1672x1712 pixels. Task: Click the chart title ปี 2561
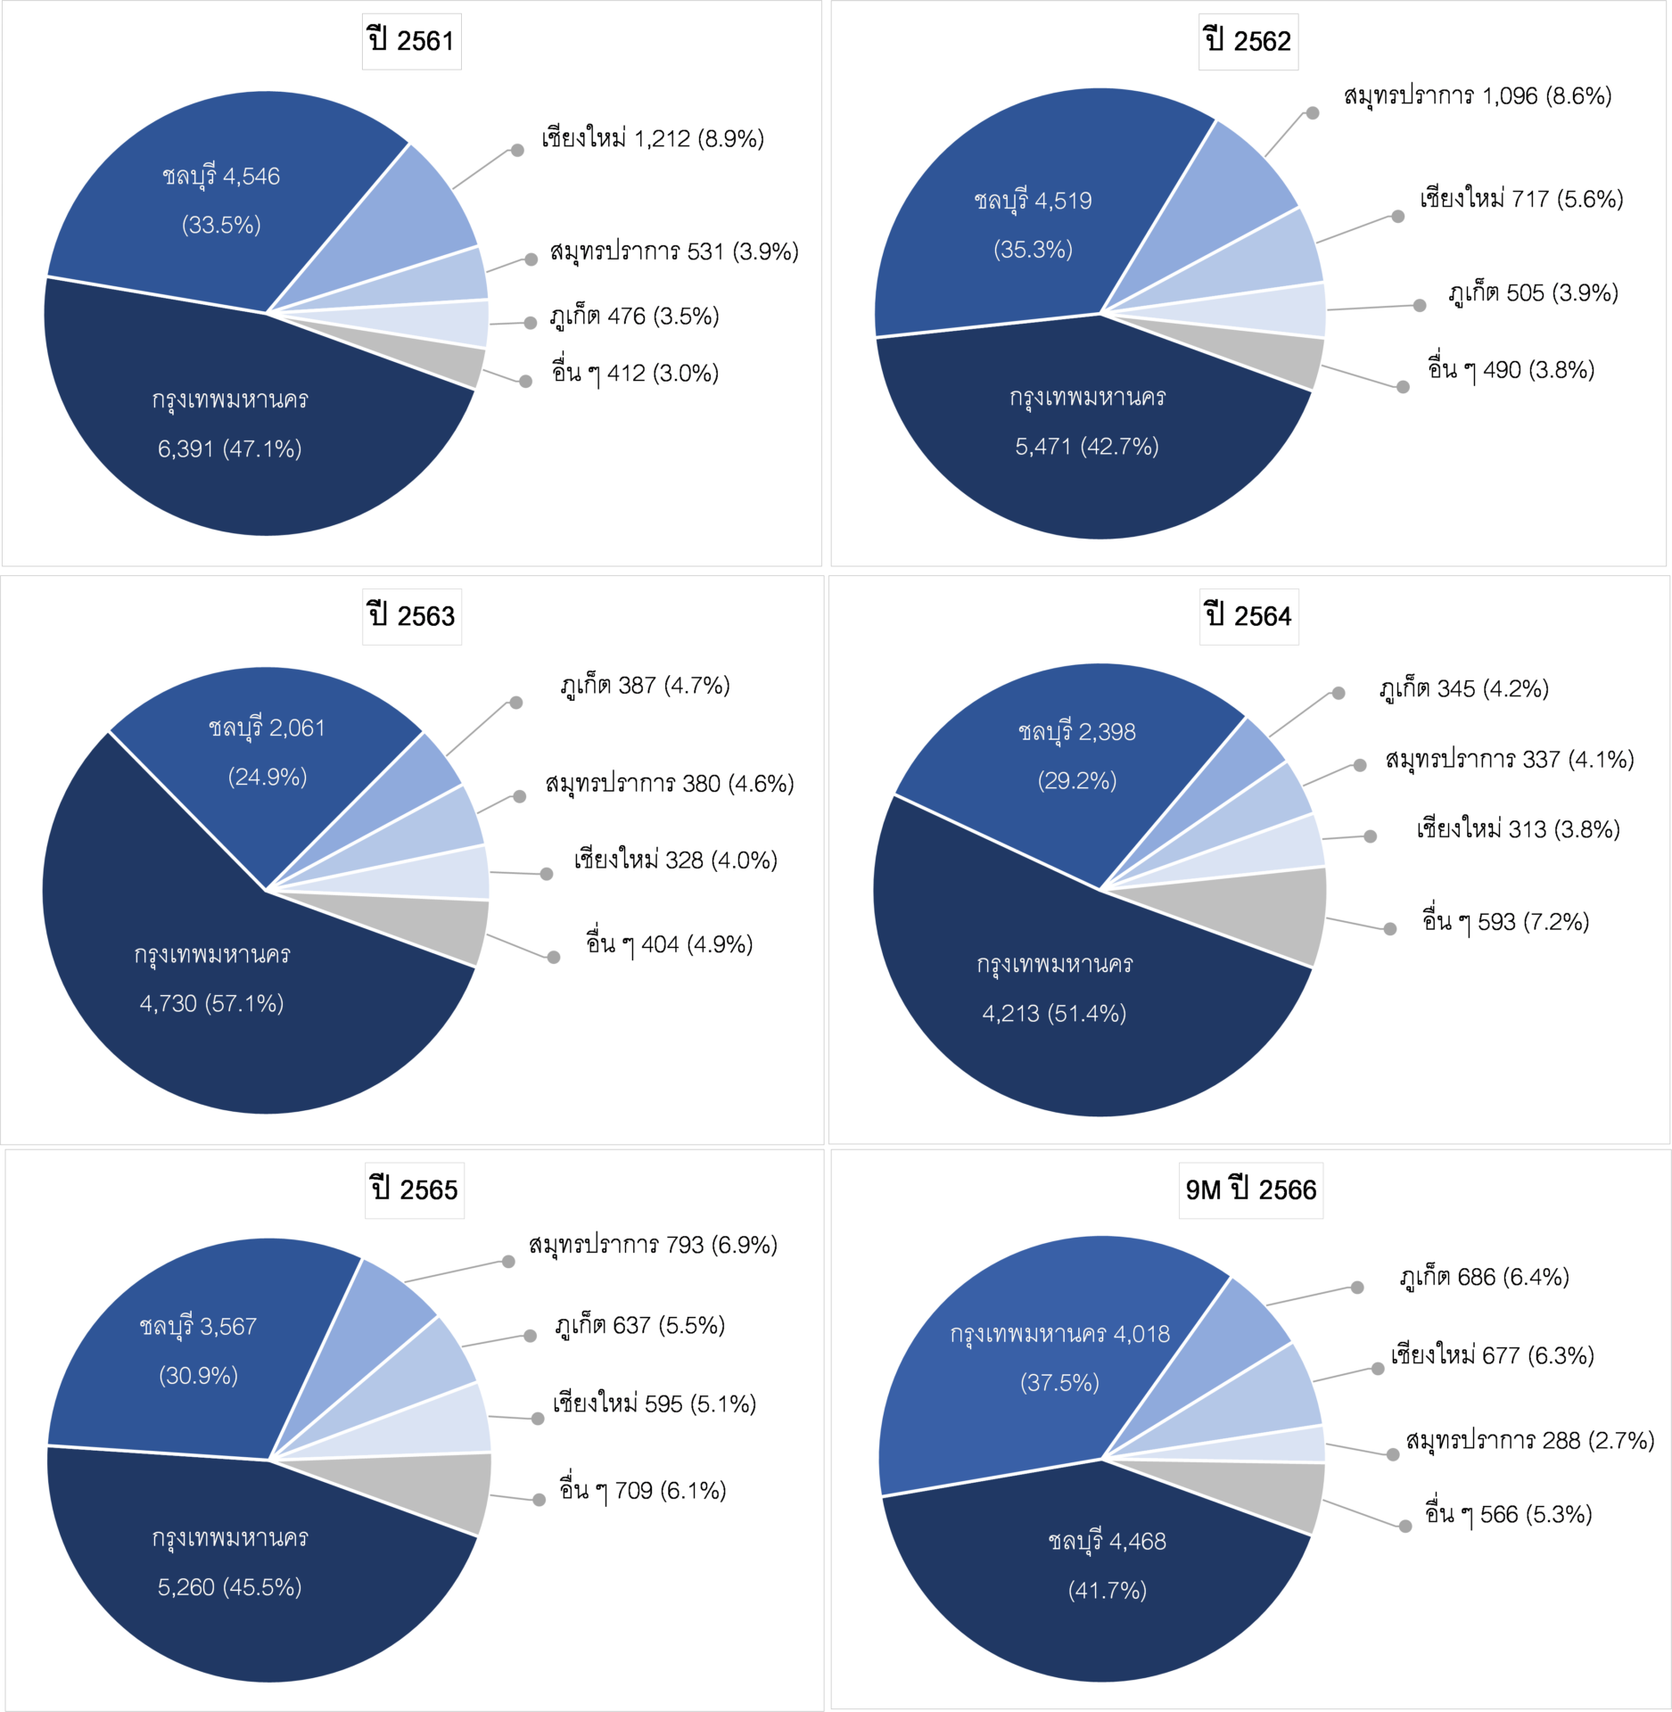411,41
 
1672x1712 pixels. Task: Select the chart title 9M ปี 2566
1250,1189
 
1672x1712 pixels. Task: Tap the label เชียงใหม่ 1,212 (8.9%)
653,139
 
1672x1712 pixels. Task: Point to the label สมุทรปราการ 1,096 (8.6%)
1477,96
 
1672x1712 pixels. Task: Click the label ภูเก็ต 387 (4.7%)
645,686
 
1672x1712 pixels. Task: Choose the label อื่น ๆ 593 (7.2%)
1505,922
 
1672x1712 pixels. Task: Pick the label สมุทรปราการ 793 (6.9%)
653,1245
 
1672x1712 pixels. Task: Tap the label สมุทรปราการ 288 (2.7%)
1529,1440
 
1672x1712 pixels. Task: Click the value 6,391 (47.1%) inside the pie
229,449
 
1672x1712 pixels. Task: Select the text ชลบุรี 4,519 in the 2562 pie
1033,201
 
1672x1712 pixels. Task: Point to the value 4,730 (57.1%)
211,1004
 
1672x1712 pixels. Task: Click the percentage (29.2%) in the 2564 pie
1076,781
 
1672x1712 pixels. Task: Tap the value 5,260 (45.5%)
229,1587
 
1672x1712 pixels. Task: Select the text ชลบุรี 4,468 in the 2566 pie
1107,1541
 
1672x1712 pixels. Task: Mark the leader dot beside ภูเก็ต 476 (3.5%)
531,323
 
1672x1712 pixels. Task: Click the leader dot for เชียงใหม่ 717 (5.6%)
1397,216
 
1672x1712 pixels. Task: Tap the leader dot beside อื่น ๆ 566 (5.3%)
1405,1527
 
